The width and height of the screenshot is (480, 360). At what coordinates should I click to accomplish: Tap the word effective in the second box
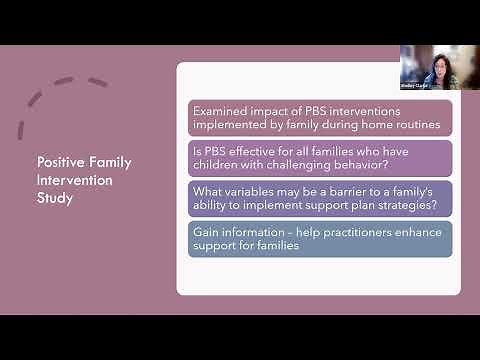[247, 150]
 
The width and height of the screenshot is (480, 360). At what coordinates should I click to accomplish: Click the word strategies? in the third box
[397, 205]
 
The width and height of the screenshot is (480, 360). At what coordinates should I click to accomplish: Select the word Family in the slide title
[111, 162]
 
